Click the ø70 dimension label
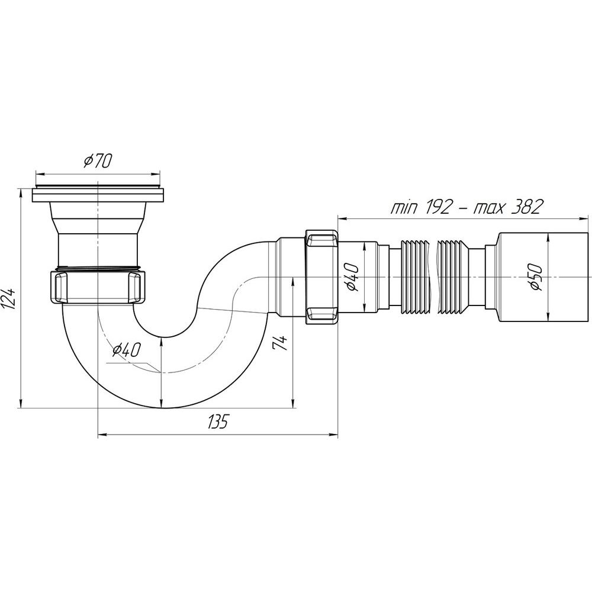pyautogui.click(x=98, y=161)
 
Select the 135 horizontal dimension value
pyautogui.click(x=218, y=422)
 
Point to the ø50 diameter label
pyautogui.click(x=535, y=278)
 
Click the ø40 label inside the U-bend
pyautogui.click(x=126, y=350)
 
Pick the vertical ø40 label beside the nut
pyautogui.click(x=351, y=278)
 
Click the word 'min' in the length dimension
pyautogui.click(x=402, y=207)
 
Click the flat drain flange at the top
pyautogui.click(x=98, y=194)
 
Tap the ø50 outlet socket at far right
pyautogui.click(x=543, y=278)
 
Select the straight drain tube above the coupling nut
pyautogui.click(x=98, y=250)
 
